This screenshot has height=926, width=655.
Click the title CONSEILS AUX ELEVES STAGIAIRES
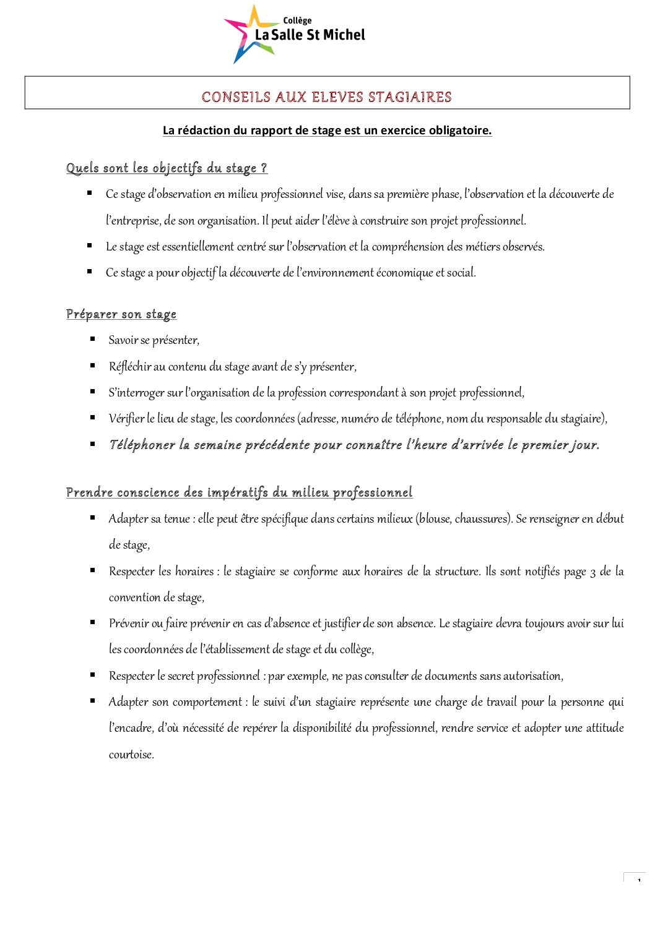[x=327, y=97]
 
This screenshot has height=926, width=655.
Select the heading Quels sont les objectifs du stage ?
[x=167, y=168]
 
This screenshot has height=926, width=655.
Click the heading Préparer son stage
[x=121, y=314]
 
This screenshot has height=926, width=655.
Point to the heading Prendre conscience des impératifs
[x=239, y=492]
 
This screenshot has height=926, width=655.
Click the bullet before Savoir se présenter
[x=92, y=339]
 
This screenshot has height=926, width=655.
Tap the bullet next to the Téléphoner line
[x=92, y=444]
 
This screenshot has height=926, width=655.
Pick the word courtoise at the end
[x=131, y=755]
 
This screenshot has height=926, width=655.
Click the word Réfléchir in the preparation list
[x=129, y=367]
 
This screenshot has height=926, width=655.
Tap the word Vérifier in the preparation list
[x=126, y=419]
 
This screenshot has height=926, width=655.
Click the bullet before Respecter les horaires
[x=92, y=570]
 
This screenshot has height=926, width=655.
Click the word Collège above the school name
[x=297, y=20]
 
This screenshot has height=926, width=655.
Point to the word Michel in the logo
[x=344, y=35]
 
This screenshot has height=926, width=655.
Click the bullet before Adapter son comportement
[x=92, y=701]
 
